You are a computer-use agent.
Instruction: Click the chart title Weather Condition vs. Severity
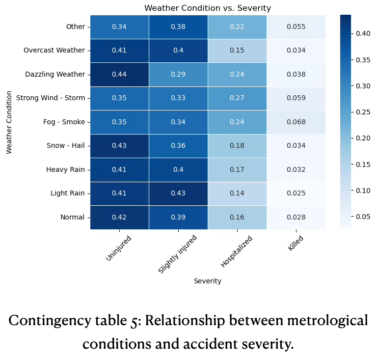coord(207,8)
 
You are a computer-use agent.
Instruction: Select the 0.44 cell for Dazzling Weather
coord(119,75)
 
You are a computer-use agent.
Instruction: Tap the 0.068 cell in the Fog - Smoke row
coord(296,122)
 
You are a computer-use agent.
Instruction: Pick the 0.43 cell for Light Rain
coord(178,193)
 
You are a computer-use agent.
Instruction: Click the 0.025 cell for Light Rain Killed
coord(296,193)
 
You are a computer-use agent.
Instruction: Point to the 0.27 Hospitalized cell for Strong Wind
coord(237,98)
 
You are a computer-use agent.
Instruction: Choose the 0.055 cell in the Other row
coord(296,27)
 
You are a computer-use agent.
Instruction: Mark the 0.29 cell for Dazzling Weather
coord(178,75)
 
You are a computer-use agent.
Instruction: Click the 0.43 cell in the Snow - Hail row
coord(119,146)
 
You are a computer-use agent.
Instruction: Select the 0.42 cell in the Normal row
coord(119,217)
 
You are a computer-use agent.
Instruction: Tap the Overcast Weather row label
coord(54,51)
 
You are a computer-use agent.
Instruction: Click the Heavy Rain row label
coord(65,169)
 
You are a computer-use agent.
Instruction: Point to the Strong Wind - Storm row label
coord(50,98)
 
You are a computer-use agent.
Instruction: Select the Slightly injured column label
coord(178,254)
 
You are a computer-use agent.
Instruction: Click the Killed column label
coord(296,243)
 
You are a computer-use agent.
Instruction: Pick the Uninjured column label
coord(119,249)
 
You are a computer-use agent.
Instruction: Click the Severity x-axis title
coord(207,281)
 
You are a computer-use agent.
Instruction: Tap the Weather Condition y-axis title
coord(9,122)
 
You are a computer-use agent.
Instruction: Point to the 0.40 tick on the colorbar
coord(363,34)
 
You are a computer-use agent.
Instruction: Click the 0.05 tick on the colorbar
coord(363,217)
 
